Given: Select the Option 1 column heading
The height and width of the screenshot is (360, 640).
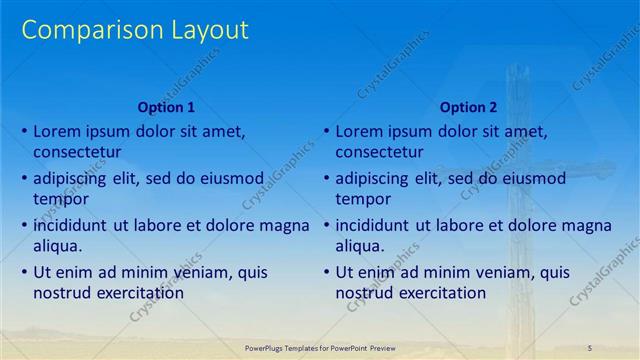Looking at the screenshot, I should tap(165, 107).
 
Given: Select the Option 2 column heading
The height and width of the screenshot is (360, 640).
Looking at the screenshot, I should tap(467, 107).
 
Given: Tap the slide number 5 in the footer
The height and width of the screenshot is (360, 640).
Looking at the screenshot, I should tap(589, 346).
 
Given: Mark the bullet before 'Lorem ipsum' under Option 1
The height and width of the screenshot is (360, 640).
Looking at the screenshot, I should tap(24, 131).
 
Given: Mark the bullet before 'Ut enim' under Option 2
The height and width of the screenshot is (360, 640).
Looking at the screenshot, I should tap(326, 272).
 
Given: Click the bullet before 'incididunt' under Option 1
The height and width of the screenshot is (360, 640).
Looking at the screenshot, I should tap(24, 225).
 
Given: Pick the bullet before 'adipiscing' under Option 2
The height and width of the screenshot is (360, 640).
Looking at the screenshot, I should tap(326, 178).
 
